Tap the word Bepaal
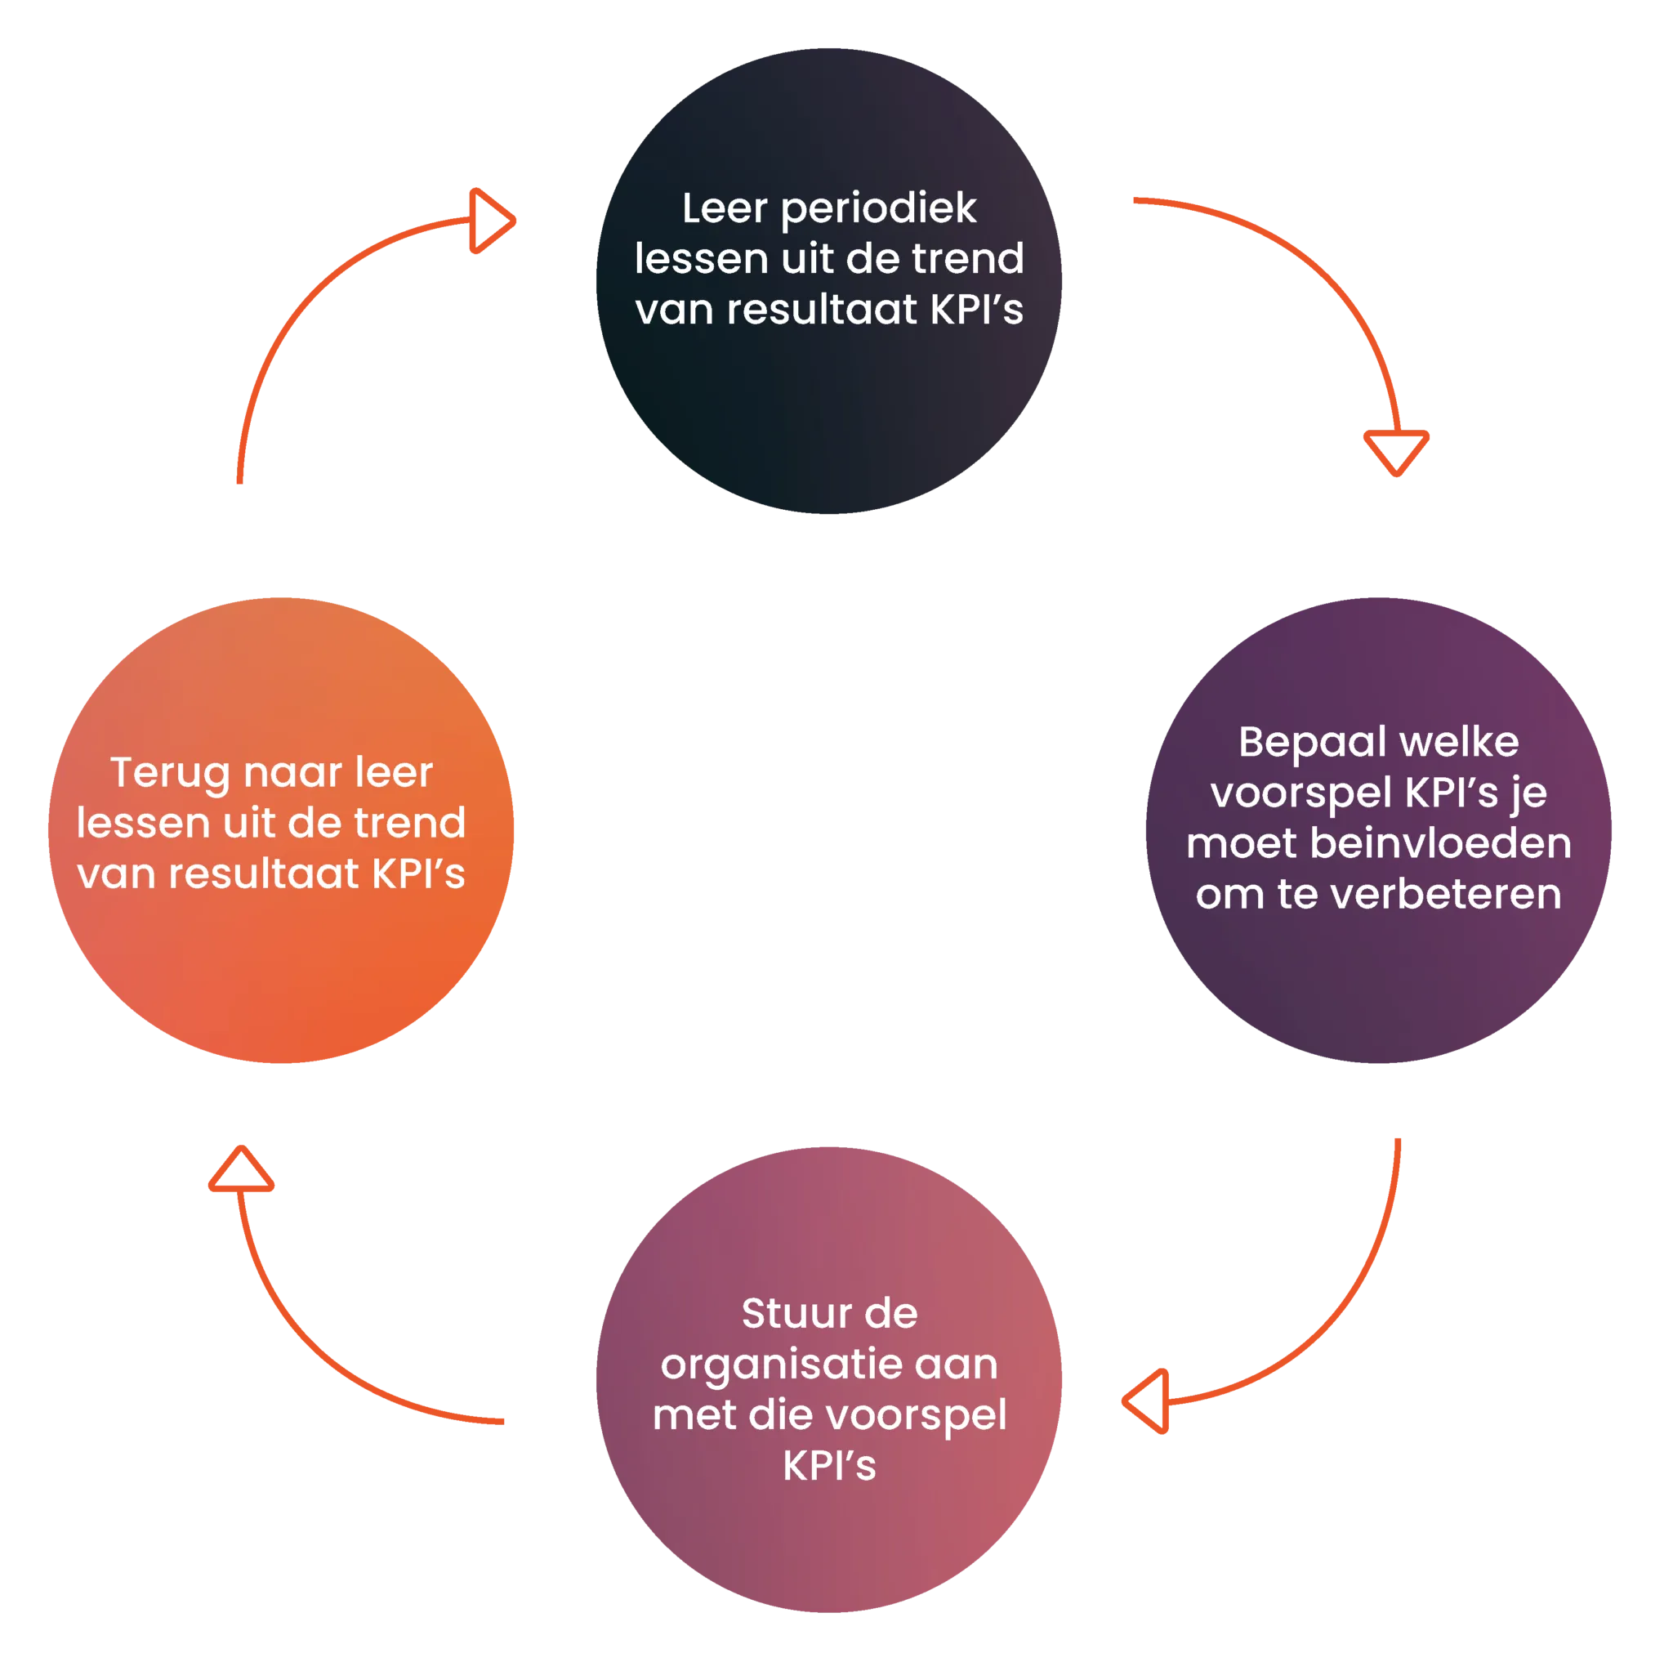[1311, 743]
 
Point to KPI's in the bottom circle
[828, 1465]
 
